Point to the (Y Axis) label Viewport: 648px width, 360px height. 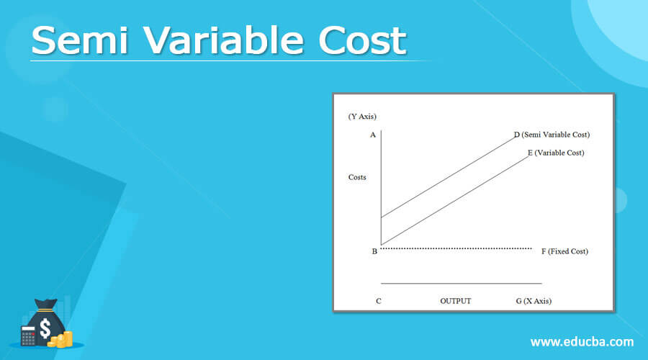point(362,117)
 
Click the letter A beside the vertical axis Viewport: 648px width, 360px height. point(373,135)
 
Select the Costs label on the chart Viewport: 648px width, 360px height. point(357,177)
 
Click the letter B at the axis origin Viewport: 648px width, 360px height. point(374,251)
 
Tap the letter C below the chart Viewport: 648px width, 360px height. point(378,301)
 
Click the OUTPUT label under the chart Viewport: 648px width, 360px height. point(455,301)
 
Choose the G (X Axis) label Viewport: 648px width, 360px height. point(534,301)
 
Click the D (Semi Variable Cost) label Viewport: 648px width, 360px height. point(552,135)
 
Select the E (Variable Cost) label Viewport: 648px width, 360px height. point(555,153)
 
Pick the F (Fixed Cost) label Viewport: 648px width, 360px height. point(564,251)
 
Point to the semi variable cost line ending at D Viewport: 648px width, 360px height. point(446,177)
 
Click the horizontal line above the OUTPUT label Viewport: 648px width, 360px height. point(461,284)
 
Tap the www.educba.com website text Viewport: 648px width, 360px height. point(582,341)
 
